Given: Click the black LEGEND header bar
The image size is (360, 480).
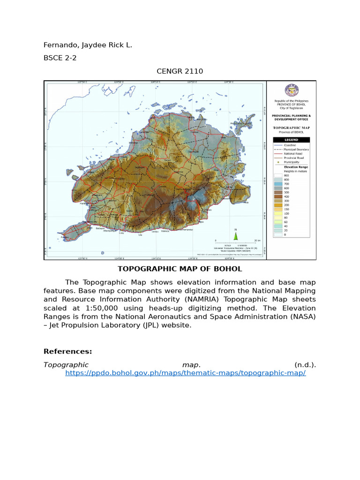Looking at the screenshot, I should (291, 140).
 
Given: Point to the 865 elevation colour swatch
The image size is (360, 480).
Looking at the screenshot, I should (277, 174).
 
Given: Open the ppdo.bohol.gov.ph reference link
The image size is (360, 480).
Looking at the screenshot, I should (185, 373).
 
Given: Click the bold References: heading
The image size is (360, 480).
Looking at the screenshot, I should (68, 351).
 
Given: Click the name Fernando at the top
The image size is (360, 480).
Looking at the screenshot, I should (60, 45).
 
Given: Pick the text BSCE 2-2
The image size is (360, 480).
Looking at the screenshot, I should (59, 58).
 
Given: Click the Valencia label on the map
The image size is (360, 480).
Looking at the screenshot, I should (165, 231).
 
